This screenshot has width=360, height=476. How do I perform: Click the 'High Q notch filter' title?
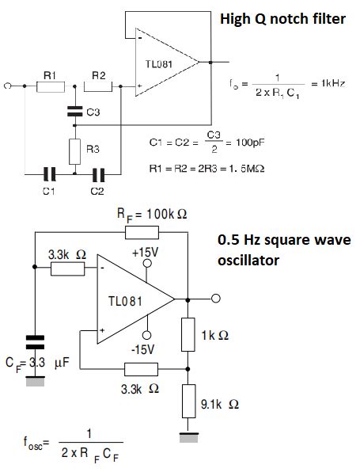coord(282,18)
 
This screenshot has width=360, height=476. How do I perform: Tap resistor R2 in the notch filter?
coord(99,86)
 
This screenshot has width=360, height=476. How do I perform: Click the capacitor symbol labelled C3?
coord(74,112)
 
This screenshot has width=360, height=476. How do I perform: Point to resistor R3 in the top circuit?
coord(74,149)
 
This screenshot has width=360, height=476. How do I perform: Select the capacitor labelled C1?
coord(49,172)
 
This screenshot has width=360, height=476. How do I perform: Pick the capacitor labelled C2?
coord(98,172)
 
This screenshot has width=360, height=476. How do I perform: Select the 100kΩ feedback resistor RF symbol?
coord(142,232)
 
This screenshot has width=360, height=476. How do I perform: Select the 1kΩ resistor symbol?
coord(188,334)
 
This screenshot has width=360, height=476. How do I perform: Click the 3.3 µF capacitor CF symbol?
coord(34,342)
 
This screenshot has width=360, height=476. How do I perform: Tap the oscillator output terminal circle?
coord(214,299)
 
